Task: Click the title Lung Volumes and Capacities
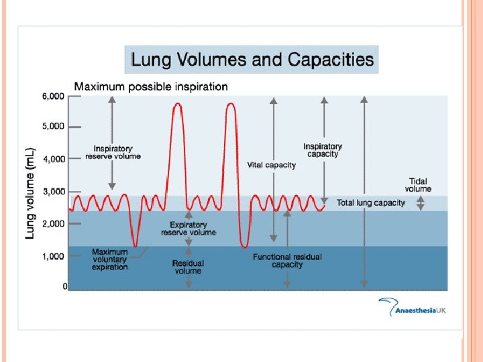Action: click(x=252, y=59)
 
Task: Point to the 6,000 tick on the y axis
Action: click(x=54, y=97)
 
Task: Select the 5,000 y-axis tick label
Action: click(x=54, y=126)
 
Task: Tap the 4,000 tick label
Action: click(x=54, y=160)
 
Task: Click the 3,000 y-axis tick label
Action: click(x=54, y=192)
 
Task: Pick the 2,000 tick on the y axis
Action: click(x=54, y=223)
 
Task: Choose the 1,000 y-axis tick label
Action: click(x=54, y=256)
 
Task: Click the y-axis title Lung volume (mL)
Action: click(x=30, y=193)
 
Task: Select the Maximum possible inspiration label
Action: click(x=150, y=86)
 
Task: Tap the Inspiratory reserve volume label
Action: click(x=113, y=152)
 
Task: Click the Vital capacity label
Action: click(x=271, y=165)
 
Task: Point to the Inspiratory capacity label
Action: click(x=323, y=150)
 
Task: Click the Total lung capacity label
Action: click(x=371, y=202)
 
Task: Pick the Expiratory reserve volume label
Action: click(x=189, y=229)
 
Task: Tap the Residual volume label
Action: click(x=188, y=267)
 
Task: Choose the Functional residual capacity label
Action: click(x=287, y=261)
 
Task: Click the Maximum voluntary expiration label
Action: click(x=109, y=259)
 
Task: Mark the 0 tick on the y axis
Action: click(x=64, y=287)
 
